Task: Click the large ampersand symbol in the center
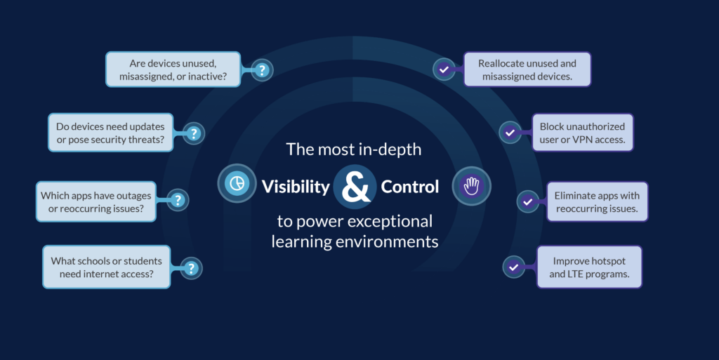click(x=355, y=187)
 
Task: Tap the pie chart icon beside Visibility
click(x=237, y=184)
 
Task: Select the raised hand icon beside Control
click(x=471, y=186)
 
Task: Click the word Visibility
click(x=296, y=187)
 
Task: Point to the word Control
click(x=410, y=187)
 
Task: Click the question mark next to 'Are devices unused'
click(x=262, y=69)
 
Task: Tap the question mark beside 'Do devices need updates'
click(x=194, y=133)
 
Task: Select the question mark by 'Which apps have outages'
click(x=178, y=201)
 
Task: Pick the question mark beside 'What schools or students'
click(x=191, y=267)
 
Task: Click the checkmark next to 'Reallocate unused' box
click(x=443, y=69)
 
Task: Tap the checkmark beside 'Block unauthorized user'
click(x=510, y=132)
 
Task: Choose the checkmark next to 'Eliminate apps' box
click(x=527, y=201)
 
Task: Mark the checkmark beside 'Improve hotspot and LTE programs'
click(x=514, y=267)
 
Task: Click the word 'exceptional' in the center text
click(x=394, y=222)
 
